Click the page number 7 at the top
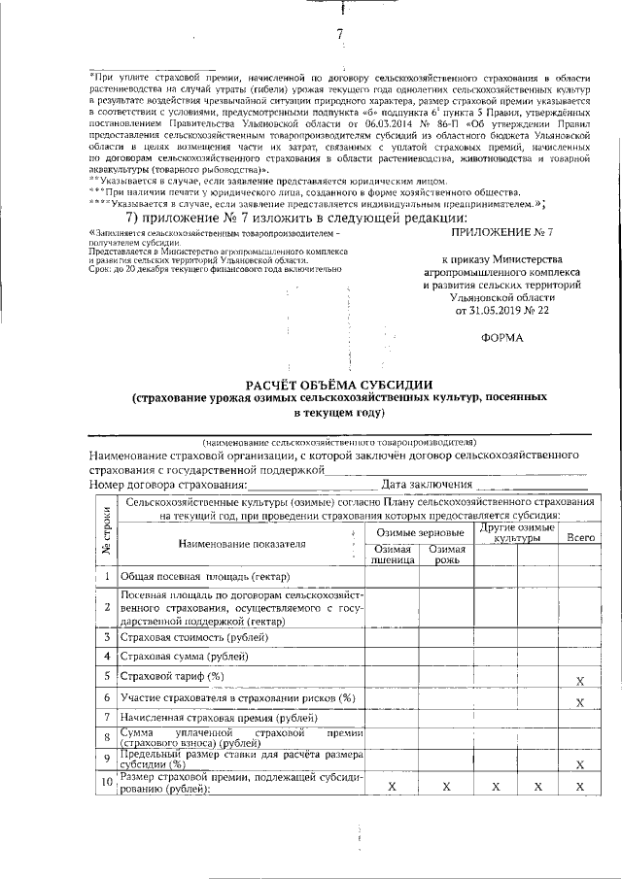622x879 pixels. point(341,35)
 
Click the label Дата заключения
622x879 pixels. point(427,484)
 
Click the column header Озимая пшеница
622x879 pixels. point(393,555)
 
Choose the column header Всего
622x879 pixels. point(580,536)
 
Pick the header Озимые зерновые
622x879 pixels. point(419,531)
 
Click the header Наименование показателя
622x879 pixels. point(242,544)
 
